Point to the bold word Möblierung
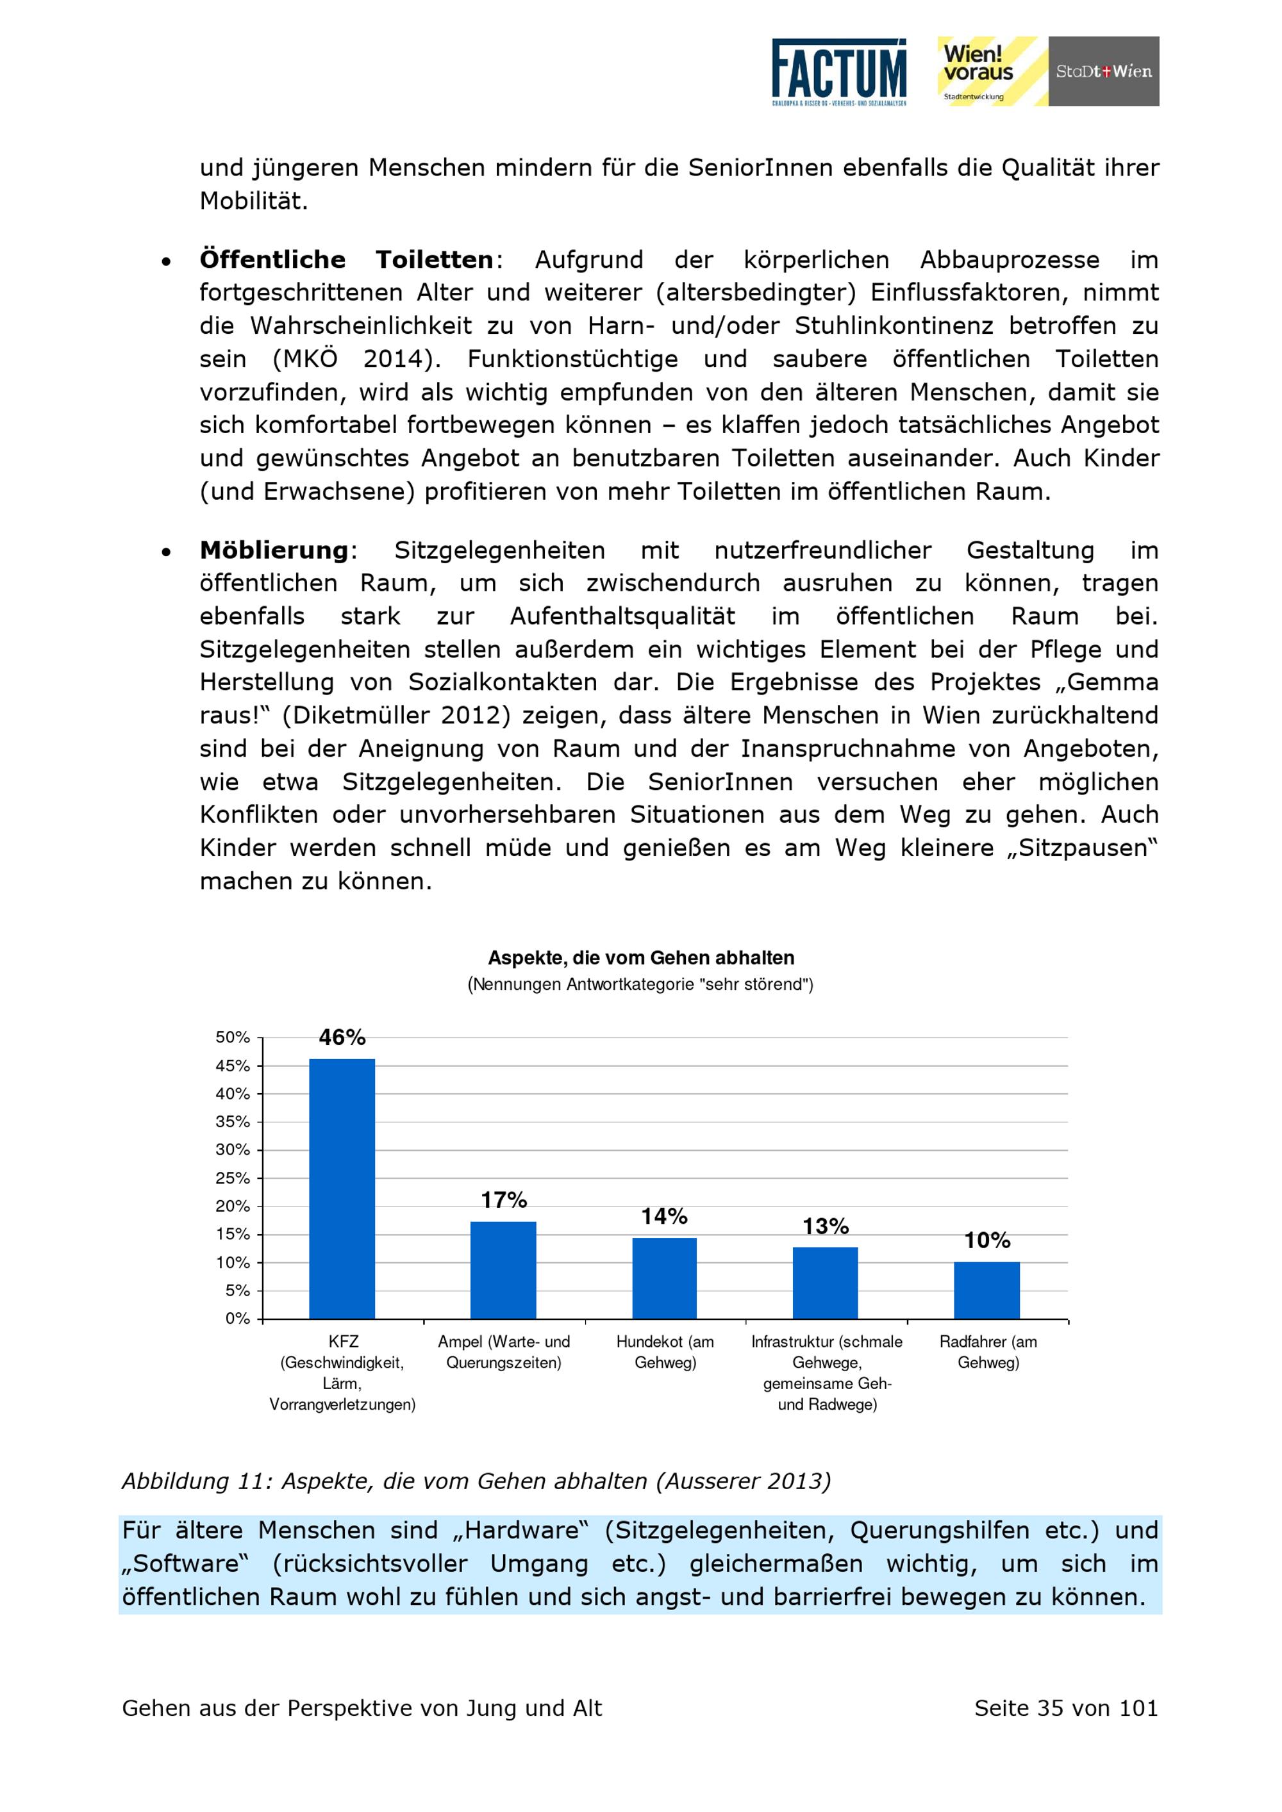point(274,550)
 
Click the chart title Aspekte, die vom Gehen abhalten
point(640,958)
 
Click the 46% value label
point(342,1038)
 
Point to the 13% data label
point(826,1226)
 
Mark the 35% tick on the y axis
point(232,1121)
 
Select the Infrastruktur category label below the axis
point(826,1373)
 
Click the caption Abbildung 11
point(476,1481)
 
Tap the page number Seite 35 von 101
point(1066,1709)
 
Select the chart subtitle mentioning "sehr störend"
point(640,984)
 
